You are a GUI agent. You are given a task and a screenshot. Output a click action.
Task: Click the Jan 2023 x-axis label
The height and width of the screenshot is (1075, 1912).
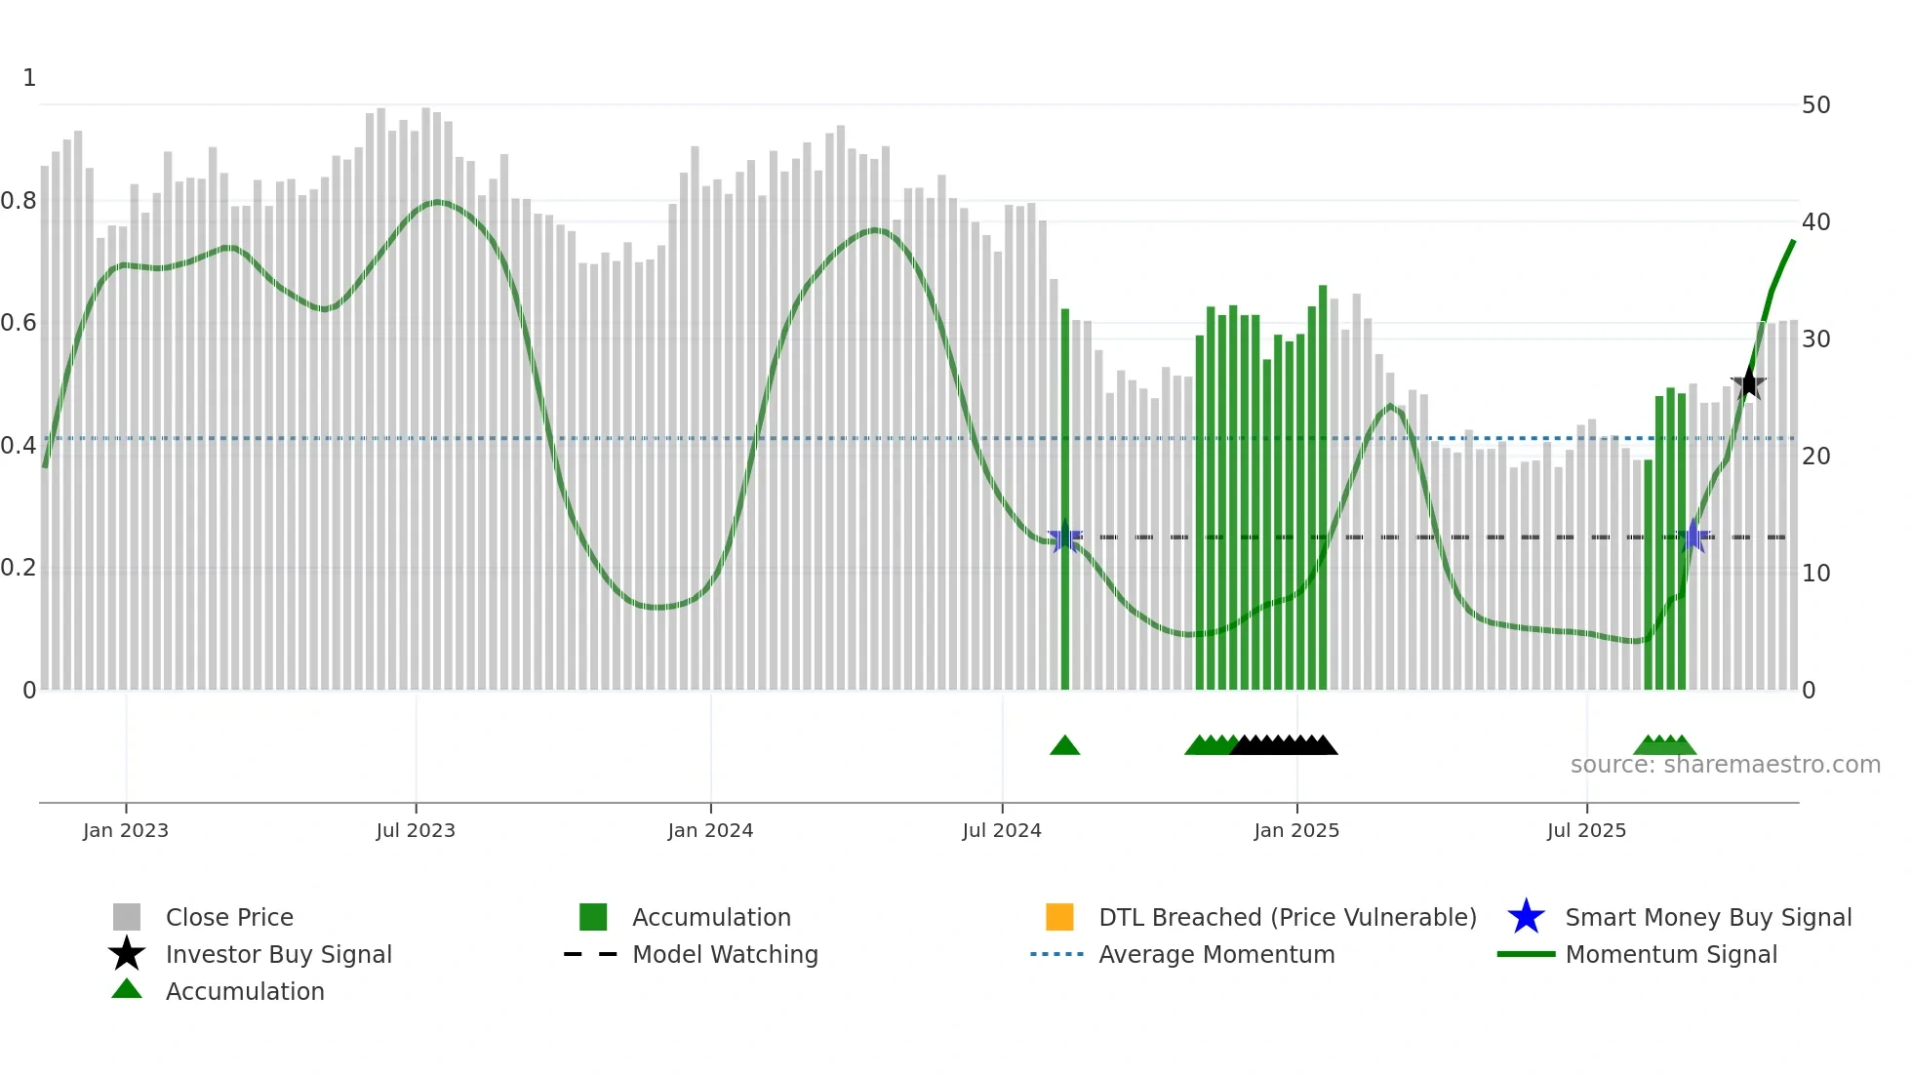126,830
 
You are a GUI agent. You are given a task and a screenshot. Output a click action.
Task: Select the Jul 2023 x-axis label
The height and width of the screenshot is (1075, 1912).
416,830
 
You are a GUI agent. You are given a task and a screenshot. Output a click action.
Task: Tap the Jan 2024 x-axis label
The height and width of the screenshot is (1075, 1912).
710,830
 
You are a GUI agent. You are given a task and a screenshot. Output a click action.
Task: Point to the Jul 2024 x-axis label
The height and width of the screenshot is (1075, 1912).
1002,830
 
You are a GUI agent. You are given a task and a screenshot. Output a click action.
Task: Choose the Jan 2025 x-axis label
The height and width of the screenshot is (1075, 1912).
1296,830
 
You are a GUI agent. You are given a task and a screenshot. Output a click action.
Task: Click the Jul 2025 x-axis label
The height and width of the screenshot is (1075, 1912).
1586,830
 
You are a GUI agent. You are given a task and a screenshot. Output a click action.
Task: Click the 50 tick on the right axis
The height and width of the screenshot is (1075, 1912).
1815,105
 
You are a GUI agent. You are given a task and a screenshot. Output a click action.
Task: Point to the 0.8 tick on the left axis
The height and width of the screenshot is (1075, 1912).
20,201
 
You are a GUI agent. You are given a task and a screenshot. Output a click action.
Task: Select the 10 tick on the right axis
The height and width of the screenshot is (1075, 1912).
1815,574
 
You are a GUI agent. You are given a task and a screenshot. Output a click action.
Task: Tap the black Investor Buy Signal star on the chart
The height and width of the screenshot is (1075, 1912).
1748,383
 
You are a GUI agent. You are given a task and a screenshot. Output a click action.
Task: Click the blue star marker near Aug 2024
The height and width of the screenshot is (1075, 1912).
1064,537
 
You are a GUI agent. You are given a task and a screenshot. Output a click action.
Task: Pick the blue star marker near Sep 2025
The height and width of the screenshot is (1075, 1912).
1694,537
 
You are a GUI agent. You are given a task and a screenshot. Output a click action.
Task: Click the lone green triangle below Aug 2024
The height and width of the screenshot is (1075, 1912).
1064,746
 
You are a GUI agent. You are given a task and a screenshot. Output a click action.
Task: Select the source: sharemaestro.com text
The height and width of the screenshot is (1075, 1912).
1725,765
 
